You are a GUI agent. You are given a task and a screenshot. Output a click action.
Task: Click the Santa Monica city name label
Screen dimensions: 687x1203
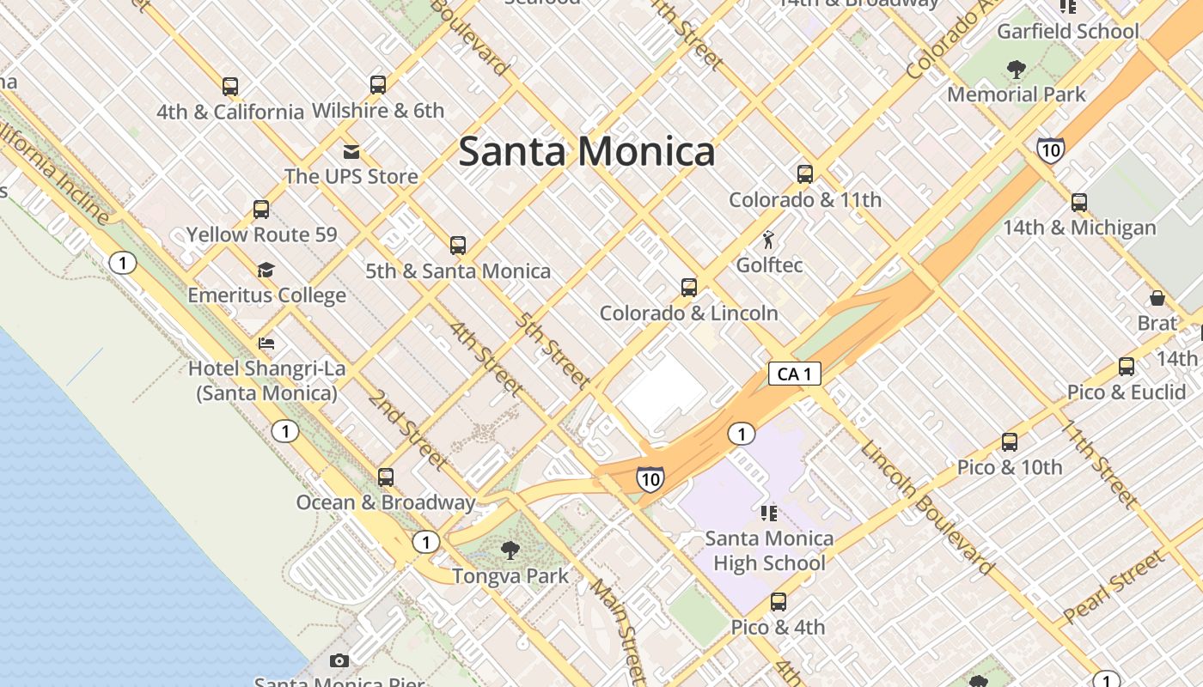(x=586, y=152)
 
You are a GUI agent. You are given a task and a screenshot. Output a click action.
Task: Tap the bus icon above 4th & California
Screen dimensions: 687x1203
(x=229, y=87)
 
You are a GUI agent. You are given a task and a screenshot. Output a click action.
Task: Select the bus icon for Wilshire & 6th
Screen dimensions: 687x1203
(x=378, y=85)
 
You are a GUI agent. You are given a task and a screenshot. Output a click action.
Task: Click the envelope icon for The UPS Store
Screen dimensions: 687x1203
(x=351, y=152)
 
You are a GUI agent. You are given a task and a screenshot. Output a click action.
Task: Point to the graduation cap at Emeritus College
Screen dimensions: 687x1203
(x=266, y=271)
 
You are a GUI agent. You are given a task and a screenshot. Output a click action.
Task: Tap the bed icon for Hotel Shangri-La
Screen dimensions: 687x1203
(x=266, y=343)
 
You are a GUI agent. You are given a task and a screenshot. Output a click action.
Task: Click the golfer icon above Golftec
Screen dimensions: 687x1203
(x=769, y=240)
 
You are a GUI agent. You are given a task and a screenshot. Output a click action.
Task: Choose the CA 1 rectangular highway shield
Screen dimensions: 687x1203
(x=794, y=374)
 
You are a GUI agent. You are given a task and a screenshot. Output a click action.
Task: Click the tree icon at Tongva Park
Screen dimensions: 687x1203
(x=510, y=550)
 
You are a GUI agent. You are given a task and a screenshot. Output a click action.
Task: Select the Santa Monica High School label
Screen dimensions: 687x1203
(x=769, y=550)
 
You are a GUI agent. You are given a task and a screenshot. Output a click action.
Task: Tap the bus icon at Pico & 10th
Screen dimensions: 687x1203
(x=1010, y=442)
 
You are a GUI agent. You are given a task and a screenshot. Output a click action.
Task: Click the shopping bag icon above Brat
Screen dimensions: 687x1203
(x=1157, y=298)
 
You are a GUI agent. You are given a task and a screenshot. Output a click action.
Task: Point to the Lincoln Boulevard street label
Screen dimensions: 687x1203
(x=928, y=508)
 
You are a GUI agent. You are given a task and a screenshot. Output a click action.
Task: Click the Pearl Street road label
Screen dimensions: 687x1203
(x=1114, y=587)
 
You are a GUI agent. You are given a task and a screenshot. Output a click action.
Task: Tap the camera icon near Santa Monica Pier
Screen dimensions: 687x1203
(x=339, y=660)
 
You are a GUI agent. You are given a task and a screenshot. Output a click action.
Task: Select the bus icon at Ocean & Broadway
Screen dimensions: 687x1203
(x=386, y=477)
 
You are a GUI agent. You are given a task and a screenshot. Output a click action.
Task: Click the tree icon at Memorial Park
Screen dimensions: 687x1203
(x=1017, y=70)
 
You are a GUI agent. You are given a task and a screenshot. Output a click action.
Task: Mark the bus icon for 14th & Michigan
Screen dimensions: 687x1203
(x=1079, y=203)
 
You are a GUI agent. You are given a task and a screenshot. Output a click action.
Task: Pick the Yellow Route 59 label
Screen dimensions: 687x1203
(x=262, y=234)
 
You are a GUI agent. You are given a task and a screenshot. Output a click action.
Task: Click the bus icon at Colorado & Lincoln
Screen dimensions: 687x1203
(x=688, y=288)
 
